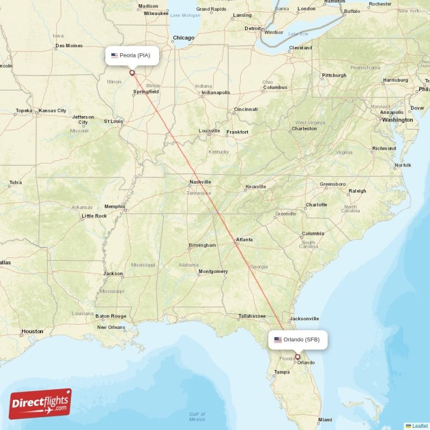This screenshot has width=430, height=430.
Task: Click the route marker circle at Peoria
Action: [132, 73]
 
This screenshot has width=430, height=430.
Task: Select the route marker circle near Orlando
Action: [297, 356]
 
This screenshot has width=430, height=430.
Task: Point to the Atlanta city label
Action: [244, 240]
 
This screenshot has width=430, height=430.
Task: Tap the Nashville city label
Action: [200, 182]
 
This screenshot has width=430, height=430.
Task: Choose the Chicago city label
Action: [183, 38]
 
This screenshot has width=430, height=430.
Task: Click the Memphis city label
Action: [114, 206]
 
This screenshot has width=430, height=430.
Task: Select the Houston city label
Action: [32, 331]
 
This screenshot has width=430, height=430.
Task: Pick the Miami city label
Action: [325, 420]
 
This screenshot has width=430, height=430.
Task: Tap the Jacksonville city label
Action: [304, 319]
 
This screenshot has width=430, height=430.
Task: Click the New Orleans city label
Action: [111, 327]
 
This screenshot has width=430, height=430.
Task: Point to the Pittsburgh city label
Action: [334, 75]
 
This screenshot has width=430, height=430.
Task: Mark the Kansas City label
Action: [53, 111]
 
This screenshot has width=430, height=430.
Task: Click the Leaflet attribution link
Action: [419, 426]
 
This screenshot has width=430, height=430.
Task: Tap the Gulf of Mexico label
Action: [197, 417]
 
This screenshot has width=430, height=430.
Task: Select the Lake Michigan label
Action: [185, 15]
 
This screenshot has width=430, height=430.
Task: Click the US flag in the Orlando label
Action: [278, 340]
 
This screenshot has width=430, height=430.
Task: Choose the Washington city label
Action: [397, 120]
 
